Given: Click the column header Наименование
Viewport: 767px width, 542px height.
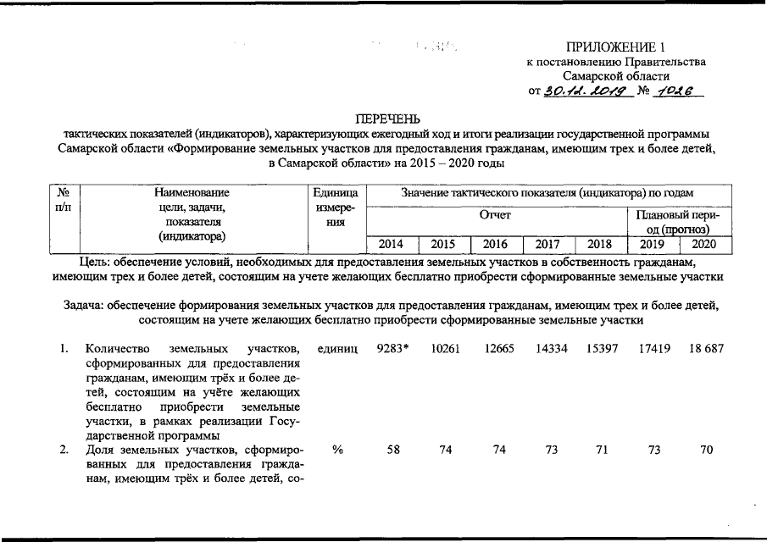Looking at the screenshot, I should click(191, 193).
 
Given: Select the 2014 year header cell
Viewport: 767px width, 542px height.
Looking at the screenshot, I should click(391, 245).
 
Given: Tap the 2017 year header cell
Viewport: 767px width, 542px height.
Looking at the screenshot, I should click(547, 245).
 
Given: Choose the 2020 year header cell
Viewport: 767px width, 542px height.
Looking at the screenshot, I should click(703, 245).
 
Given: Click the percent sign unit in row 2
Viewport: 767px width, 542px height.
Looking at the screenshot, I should click(337, 451).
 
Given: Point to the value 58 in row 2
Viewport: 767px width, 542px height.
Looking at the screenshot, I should click(392, 451).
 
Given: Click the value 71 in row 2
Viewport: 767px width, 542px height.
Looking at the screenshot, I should click(602, 451).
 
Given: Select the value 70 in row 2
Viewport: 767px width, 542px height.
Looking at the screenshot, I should click(706, 451).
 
